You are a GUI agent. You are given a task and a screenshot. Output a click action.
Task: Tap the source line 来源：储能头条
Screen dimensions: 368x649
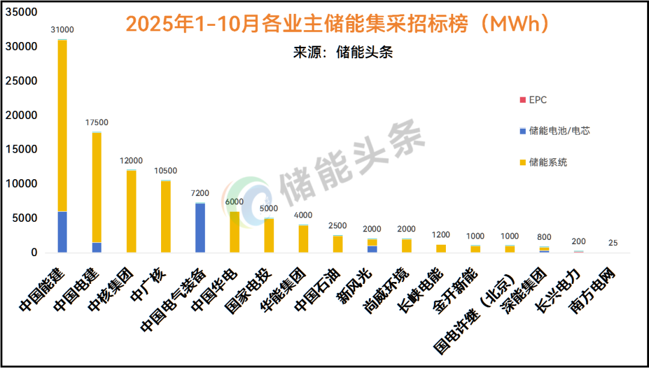click(343, 52)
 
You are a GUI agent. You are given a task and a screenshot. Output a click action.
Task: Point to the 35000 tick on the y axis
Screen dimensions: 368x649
click(25, 12)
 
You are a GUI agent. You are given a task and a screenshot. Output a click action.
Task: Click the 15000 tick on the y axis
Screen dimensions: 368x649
click(25, 150)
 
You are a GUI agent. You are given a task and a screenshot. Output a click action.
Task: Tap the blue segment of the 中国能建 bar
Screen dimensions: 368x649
click(62, 232)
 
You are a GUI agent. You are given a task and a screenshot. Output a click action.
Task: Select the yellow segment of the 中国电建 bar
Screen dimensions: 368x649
click(97, 186)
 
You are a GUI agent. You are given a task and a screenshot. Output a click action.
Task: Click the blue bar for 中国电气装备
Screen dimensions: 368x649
click(200, 228)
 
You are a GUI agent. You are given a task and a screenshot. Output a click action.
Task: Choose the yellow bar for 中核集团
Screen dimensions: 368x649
click(131, 210)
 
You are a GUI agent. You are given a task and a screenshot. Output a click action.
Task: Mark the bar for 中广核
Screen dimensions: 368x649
click(165, 216)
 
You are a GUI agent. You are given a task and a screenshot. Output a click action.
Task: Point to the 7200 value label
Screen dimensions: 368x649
click(200, 193)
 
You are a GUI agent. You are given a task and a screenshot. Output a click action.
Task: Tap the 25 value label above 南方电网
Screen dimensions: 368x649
click(612, 243)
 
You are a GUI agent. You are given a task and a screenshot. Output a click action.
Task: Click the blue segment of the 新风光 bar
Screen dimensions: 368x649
click(372, 249)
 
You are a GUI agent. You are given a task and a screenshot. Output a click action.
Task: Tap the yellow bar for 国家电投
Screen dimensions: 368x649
click(269, 235)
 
